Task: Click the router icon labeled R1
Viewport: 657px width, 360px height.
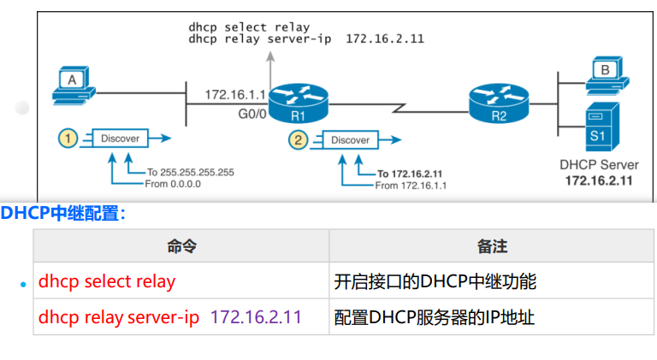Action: point(299,99)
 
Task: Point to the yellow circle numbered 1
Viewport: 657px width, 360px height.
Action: point(68,137)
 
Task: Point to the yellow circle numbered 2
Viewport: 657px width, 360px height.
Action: point(298,139)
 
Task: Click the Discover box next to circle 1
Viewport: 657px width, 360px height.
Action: point(120,138)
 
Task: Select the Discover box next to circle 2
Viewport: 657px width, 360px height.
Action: point(350,140)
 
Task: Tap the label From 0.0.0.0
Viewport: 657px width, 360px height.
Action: point(174,183)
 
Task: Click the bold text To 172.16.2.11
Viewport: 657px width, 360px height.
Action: point(416,174)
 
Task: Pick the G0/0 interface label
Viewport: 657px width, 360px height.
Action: point(254,112)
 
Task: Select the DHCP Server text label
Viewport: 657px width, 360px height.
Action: point(598,165)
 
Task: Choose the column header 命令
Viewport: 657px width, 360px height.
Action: point(181,246)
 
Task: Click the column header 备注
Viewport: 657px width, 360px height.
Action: point(492,246)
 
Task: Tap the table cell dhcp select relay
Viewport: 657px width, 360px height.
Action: point(106,281)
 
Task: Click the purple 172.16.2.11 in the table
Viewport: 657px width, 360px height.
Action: point(256,317)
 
